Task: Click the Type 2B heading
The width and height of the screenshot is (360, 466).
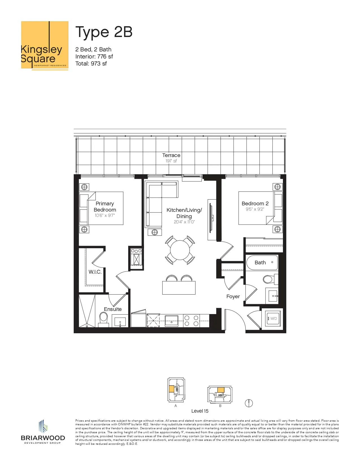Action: coord(104,32)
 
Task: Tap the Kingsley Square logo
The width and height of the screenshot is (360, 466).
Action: coord(45,45)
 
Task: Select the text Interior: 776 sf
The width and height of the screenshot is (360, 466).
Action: coord(94,56)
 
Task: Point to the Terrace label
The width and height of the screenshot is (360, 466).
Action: coord(171,155)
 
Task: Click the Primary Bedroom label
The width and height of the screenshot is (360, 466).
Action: coord(105,206)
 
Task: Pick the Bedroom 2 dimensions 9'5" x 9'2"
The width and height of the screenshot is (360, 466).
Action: coord(255,209)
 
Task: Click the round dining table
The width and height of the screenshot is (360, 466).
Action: coord(180,250)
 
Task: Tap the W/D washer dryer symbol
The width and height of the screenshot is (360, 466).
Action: coord(273,319)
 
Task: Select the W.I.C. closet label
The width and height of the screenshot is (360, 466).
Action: coord(95,272)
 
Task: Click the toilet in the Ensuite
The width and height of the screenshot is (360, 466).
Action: coord(104,319)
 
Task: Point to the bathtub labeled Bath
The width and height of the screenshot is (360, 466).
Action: coord(262,262)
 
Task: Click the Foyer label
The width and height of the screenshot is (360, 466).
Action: coord(233,296)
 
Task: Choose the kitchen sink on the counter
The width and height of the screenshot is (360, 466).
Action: coord(172,321)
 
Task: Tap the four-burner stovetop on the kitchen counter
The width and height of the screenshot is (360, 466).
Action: coord(191,321)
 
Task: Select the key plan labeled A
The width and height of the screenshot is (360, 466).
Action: coord(176,390)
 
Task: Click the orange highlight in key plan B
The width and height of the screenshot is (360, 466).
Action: coord(221,390)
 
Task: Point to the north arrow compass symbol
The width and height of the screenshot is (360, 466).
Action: coord(249,403)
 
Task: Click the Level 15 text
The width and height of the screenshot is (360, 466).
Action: coord(200,411)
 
